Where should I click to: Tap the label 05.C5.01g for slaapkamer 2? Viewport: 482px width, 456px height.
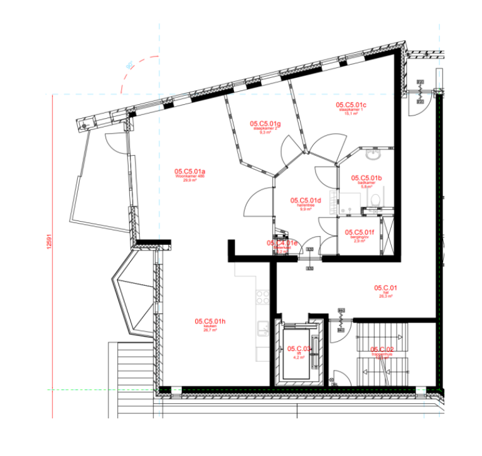click(x=265, y=124)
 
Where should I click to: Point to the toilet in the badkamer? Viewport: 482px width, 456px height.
click(x=375, y=199)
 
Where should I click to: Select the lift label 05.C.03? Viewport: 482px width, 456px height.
click(x=299, y=349)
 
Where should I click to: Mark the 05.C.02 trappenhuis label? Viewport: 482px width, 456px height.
click(x=382, y=349)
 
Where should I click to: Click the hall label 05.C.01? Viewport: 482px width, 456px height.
click(x=387, y=288)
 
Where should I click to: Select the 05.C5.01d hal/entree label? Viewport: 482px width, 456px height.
click(x=306, y=201)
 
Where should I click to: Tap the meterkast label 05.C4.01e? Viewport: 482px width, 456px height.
click(x=282, y=243)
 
